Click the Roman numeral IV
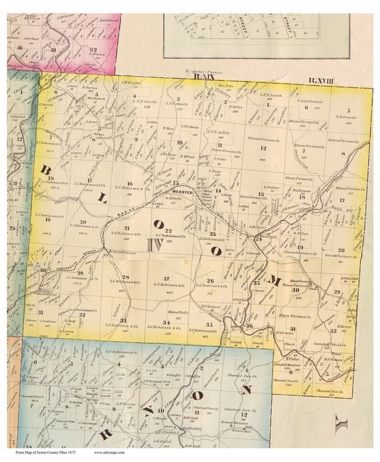point(155,245)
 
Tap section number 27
point(166,278)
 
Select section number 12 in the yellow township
point(263,150)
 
